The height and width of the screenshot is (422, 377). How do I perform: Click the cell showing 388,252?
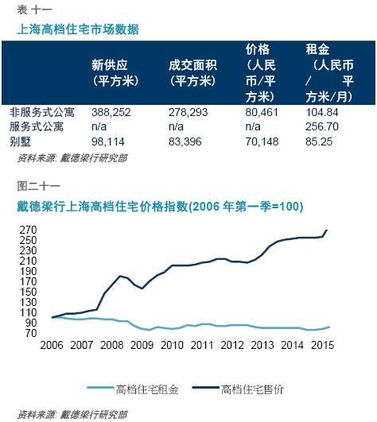(x=111, y=113)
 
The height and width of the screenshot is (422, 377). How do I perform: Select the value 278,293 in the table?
(x=188, y=113)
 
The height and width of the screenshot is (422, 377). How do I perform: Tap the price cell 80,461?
(x=262, y=113)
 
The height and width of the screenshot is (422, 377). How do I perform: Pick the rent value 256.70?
(x=322, y=126)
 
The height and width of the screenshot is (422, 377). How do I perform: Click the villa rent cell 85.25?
(x=319, y=141)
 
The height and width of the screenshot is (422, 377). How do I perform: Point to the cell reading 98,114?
(x=107, y=141)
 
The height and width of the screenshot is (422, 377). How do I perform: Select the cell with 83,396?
(x=185, y=141)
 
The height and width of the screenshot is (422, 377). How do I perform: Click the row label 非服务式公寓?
(x=41, y=113)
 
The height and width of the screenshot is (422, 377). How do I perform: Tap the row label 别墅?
(x=20, y=141)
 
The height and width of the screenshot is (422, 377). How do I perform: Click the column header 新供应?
(x=109, y=65)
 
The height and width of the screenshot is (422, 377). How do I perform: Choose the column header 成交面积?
(x=192, y=65)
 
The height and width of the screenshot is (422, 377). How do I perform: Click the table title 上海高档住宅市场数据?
(x=78, y=29)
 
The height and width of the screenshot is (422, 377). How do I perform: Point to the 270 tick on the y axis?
(x=28, y=230)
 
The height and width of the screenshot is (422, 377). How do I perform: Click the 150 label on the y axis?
(x=28, y=292)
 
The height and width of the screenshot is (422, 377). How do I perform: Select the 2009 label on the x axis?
(x=142, y=345)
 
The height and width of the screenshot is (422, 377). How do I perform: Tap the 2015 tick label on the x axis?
(x=322, y=345)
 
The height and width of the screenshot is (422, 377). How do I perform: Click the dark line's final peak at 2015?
(x=327, y=230)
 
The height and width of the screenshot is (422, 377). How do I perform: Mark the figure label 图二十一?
(x=38, y=186)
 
